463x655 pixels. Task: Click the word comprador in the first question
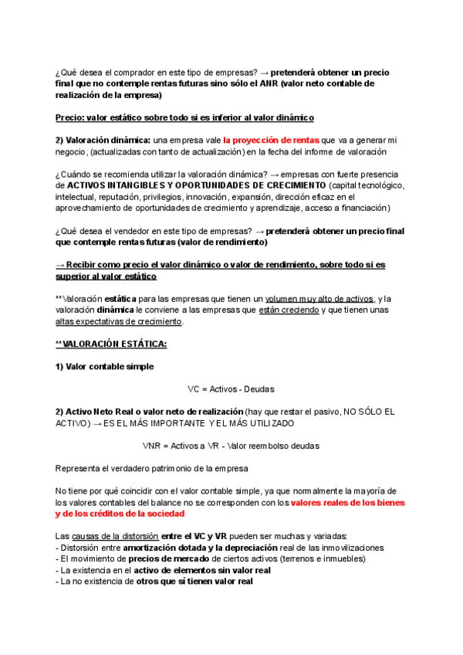pos(137,72)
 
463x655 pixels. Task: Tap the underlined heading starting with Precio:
pos(184,117)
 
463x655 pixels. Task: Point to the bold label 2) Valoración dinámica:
pos(103,141)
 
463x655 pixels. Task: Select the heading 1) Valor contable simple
pos(104,366)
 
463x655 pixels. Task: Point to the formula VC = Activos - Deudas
pos(231,389)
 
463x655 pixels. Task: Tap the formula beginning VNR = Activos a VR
pos(231,446)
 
